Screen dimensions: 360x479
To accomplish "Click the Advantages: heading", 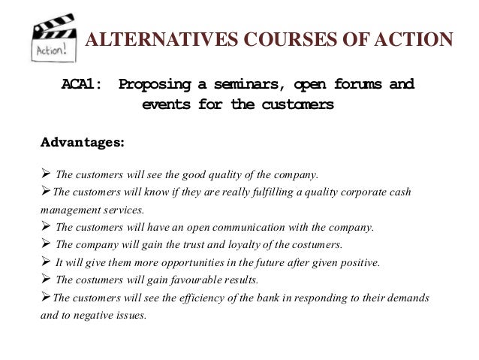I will (x=83, y=141).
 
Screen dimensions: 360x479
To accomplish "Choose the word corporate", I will (x=338, y=193).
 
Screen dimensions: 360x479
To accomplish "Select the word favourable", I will (x=197, y=280).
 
